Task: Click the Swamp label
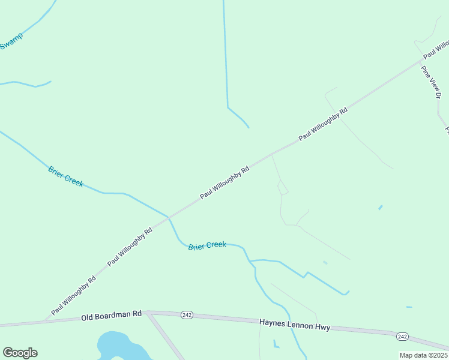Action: tap(11, 41)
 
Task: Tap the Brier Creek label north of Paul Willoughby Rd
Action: tap(65, 176)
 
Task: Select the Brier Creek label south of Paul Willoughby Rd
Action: tap(207, 245)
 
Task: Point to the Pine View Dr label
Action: tap(431, 82)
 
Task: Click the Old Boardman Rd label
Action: tap(111, 315)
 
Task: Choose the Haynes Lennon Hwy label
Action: tap(294, 324)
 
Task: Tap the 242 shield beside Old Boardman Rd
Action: tap(187, 316)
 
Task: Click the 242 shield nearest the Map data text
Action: tap(402, 337)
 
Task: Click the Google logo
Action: tap(20, 353)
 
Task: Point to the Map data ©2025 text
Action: tap(423, 355)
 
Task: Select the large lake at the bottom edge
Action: tap(120, 348)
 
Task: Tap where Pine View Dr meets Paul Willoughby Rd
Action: tap(421, 61)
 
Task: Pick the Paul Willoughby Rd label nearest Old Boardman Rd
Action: tap(73, 296)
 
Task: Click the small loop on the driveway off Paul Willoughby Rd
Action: tap(283, 188)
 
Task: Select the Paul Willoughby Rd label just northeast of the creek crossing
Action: tap(224, 182)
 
